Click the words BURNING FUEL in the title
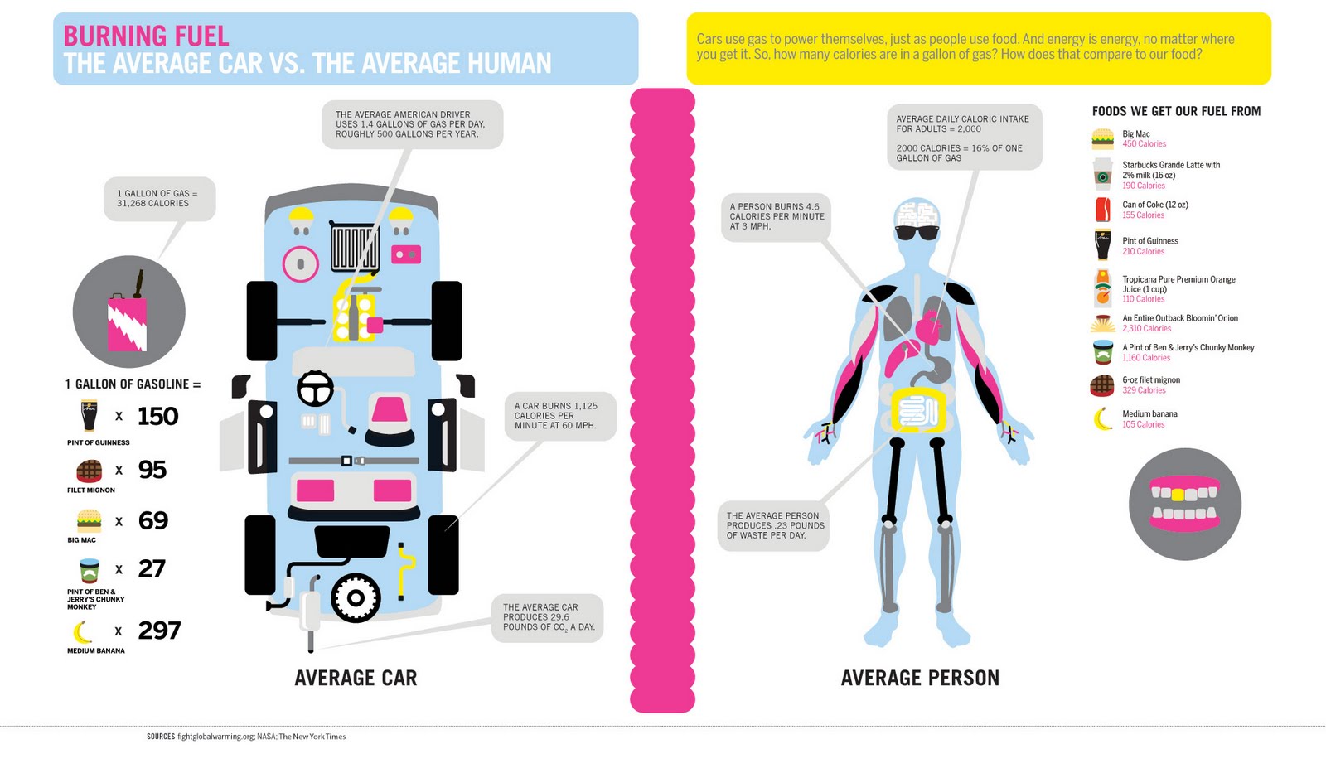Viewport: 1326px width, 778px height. (x=146, y=36)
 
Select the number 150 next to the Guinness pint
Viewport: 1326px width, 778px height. (x=158, y=416)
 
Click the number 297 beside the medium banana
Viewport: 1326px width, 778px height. (x=159, y=630)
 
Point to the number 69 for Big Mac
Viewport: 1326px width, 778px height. (x=153, y=520)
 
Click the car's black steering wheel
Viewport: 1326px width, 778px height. (x=315, y=389)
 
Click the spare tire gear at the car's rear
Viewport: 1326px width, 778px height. (x=356, y=598)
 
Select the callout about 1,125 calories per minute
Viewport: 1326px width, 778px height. (x=560, y=416)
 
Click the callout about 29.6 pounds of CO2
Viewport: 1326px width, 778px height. (x=548, y=617)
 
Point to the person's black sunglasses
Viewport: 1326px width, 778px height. (x=917, y=233)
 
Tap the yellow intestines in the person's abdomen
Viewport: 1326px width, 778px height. (x=918, y=409)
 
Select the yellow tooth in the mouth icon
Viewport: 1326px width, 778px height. (x=1178, y=494)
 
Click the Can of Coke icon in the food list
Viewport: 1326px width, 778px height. (x=1102, y=210)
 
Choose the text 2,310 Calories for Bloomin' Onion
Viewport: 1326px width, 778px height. (x=1147, y=328)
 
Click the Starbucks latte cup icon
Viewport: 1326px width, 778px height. (x=1102, y=174)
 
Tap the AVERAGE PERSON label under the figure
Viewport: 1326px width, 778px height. (x=920, y=678)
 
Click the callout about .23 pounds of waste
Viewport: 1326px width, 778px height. (x=774, y=526)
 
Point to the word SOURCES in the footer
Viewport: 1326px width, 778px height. (x=161, y=737)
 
